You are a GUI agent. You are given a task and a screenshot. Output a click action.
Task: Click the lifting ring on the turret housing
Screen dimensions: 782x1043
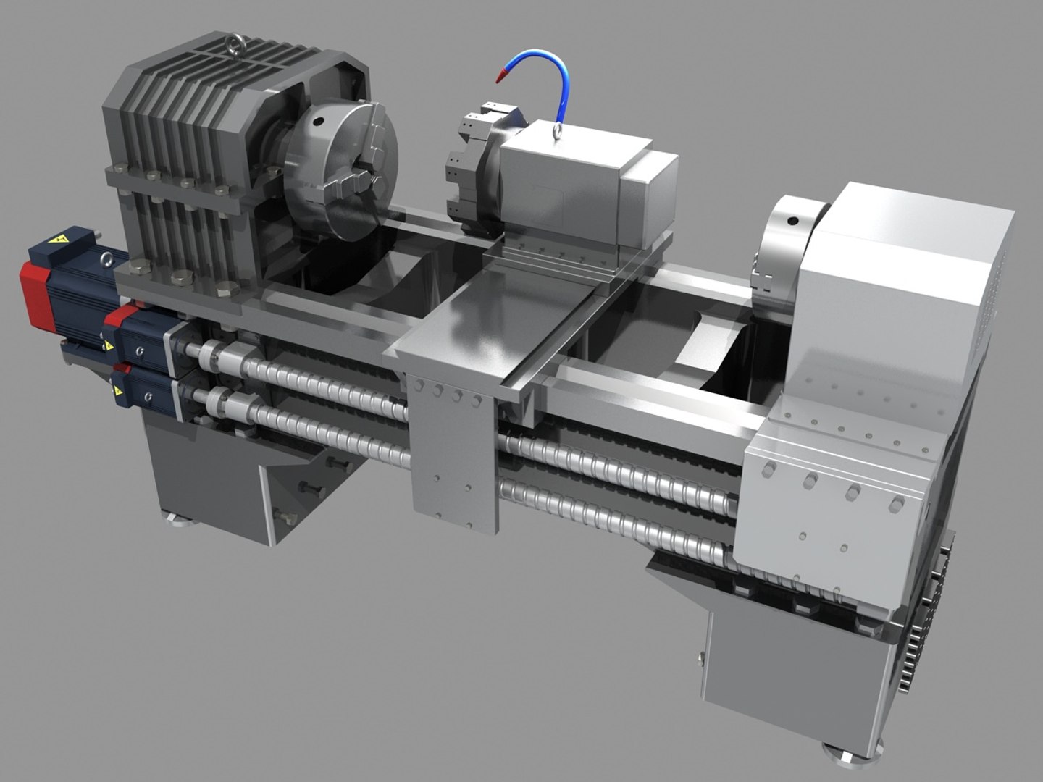click(x=558, y=130)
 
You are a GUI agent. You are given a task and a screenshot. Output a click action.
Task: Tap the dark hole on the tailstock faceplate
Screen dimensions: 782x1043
click(x=792, y=220)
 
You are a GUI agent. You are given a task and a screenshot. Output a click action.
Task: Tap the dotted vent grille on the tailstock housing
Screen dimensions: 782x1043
click(x=992, y=290)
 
